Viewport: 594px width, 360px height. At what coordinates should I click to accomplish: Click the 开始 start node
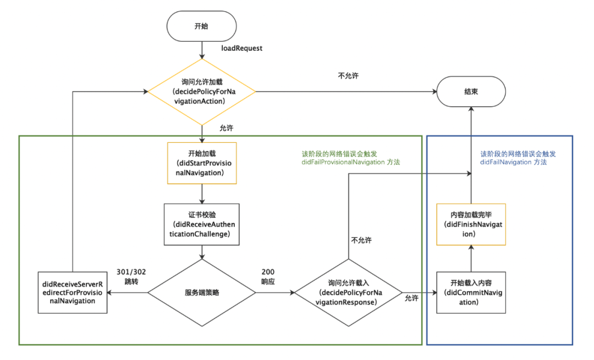pos(202,26)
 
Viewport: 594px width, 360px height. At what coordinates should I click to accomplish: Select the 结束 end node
pos(470,92)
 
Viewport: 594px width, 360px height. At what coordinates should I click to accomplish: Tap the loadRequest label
pos(241,48)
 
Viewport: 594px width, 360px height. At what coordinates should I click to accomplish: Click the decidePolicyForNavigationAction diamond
pos(202,92)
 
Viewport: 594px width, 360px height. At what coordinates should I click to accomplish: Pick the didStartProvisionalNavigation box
pos(202,163)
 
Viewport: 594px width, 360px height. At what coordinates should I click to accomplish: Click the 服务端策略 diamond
pos(202,292)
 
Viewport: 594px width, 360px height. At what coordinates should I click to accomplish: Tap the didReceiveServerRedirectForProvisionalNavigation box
pos(73,292)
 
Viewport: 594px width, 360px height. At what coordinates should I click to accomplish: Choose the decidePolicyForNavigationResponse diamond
pos(348,292)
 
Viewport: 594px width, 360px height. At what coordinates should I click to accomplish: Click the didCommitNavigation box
pos(470,292)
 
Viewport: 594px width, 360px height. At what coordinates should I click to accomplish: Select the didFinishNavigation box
pos(470,225)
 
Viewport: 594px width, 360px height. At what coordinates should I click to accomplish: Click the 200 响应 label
pos(268,276)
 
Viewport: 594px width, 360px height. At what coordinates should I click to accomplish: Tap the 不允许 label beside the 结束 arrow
pos(348,76)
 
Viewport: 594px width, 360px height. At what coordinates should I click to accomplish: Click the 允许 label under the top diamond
pos(226,128)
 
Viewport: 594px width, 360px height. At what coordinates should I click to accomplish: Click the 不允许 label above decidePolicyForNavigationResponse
pos(361,241)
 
